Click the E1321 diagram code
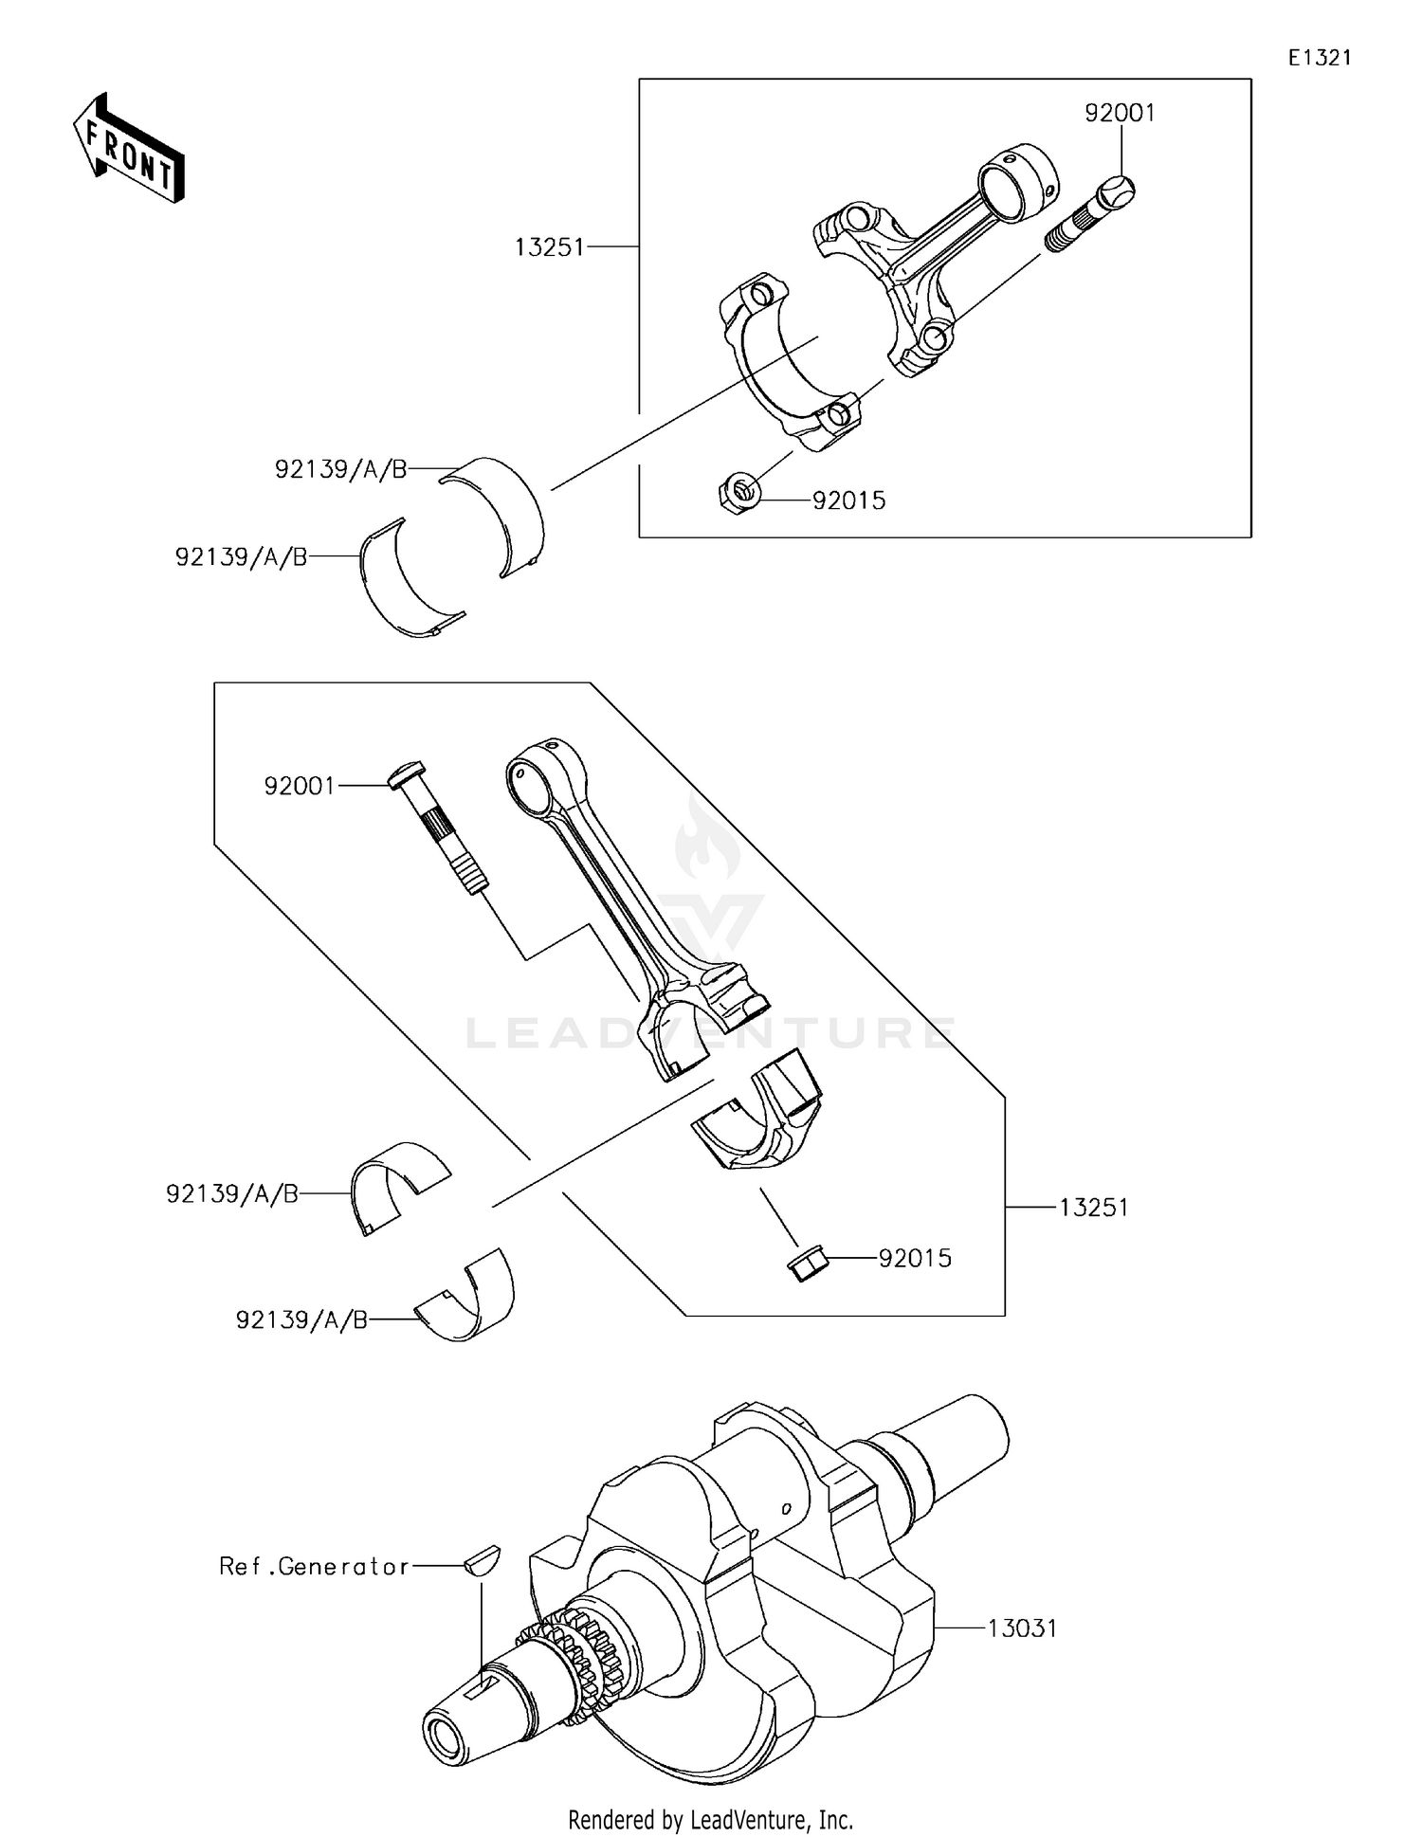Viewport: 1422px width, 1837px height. point(1319,58)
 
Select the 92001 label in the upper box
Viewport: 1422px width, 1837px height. point(1120,114)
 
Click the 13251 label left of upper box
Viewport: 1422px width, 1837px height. point(550,247)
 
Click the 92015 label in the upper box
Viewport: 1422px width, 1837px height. point(848,500)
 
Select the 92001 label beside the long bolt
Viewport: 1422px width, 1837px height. point(300,786)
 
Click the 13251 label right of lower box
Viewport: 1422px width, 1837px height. point(1093,1208)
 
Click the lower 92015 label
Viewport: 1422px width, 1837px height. point(914,1259)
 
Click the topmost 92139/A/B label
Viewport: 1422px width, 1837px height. point(340,469)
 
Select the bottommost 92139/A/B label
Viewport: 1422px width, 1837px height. point(301,1320)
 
